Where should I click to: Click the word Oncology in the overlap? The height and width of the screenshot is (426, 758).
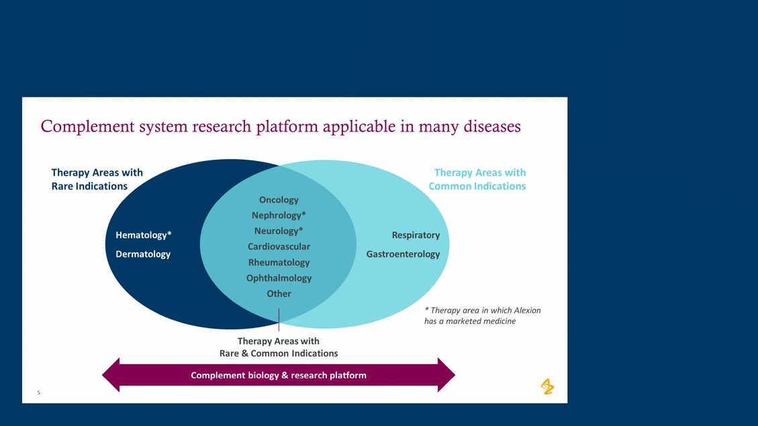point(279,199)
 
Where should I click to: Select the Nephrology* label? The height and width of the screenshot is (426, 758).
point(279,215)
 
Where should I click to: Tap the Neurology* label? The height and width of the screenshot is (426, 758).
point(279,231)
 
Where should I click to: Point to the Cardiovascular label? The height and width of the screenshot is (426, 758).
point(279,246)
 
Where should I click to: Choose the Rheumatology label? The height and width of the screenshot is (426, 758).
point(279,262)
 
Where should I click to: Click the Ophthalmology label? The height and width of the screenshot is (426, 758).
point(279,278)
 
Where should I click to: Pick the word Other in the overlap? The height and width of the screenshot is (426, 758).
point(279,293)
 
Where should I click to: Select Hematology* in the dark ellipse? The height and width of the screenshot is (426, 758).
point(143,235)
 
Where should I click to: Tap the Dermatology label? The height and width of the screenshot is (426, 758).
point(143,254)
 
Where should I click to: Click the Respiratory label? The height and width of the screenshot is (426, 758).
point(416,235)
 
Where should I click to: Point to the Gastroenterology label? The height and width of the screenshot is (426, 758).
point(403,254)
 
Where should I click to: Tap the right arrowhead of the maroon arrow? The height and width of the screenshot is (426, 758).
point(446,375)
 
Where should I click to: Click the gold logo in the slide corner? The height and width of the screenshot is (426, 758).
point(547,386)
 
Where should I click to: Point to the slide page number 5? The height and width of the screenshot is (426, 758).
point(39,392)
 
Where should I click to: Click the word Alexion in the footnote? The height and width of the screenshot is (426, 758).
point(527,310)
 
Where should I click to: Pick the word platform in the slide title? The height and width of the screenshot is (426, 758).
point(291,126)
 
